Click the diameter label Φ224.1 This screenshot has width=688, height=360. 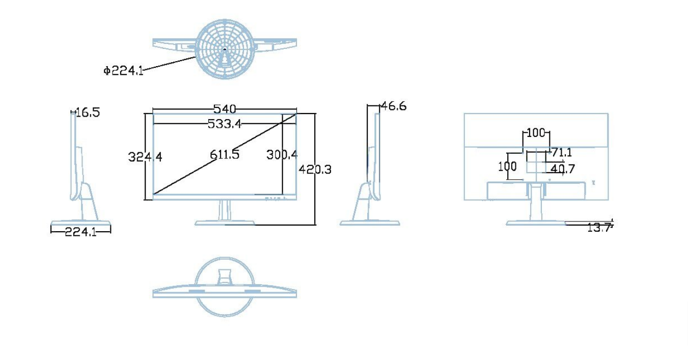[x=123, y=71]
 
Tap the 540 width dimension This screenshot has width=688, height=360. [x=225, y=109]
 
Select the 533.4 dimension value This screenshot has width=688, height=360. [x=225, y=124]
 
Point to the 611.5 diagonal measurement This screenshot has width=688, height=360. [x=224, y=154]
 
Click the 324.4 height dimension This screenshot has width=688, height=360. [x=145, y=157]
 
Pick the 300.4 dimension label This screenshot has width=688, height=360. [x=282, y=154]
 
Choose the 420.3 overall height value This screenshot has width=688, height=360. [x=315, y=169]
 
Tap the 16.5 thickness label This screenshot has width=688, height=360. [x=88, y=113]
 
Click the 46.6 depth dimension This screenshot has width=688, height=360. [x=394, y=106]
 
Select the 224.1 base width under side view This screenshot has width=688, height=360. [x=81, y=231]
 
